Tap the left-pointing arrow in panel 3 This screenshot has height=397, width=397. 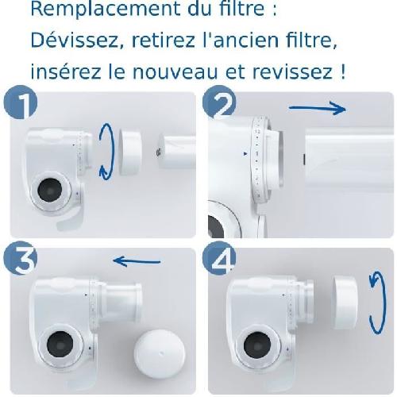tap(136, 260)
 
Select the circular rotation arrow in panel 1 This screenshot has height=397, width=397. tap(106, 152)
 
